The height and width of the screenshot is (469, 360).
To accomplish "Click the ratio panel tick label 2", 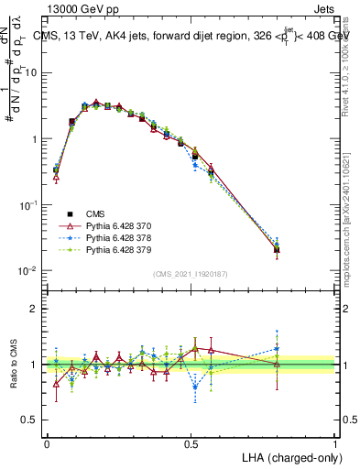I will pos(33,309).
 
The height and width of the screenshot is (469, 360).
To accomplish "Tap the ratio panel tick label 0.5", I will pos(28,420).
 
